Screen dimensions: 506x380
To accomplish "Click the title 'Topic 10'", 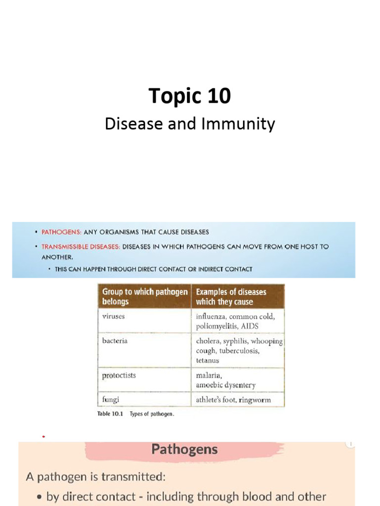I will click(190, 95).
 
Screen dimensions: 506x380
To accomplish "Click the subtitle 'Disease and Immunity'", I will click(190, 124).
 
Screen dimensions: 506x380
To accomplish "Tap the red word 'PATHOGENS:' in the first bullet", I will click(61, 232).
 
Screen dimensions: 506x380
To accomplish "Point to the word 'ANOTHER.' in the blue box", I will click(57, 257).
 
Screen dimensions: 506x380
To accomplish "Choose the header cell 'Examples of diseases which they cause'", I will click(231, 296).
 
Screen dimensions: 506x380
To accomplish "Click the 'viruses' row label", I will click(113, 316).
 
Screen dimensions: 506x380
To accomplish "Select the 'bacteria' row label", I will click(114, 341).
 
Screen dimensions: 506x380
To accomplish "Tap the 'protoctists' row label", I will click(119, 375).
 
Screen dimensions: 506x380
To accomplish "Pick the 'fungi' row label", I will click(110, 399).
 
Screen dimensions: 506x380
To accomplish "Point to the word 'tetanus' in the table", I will click(207, 360).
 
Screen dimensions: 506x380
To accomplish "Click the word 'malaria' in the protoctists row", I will click(208, 376).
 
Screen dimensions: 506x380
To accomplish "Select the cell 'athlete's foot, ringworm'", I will click(233, 400).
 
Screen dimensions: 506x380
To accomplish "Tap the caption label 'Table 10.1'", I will click(111, 414).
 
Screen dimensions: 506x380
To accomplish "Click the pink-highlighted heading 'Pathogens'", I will click(184, 449).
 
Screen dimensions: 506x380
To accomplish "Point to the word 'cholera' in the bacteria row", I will click(208, 341).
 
